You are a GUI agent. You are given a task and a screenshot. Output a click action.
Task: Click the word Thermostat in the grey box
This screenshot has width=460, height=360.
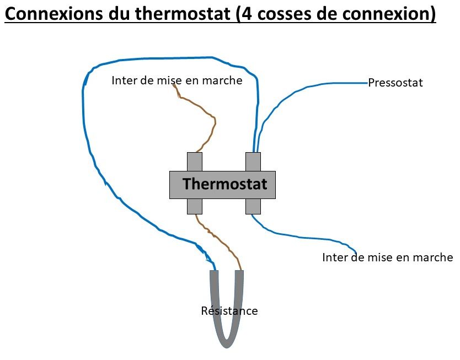(224, 184)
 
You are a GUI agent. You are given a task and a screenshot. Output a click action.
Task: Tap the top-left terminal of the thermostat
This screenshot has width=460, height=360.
(195, 162)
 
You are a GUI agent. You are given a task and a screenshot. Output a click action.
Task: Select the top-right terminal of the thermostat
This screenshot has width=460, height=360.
(253, 162)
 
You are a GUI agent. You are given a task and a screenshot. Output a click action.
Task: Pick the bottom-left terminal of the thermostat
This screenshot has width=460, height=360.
(195, 206)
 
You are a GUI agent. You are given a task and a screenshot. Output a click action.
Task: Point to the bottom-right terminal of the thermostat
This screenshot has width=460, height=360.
(253, 206)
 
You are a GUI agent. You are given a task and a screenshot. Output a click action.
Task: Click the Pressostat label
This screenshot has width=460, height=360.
(395, 83)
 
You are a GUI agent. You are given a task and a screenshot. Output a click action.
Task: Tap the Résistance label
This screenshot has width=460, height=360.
(229, 311)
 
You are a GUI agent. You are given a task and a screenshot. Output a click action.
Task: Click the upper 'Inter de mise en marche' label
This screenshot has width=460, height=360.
(176, 80)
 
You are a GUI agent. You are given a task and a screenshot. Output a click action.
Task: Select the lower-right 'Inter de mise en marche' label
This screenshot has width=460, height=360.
(387, 257)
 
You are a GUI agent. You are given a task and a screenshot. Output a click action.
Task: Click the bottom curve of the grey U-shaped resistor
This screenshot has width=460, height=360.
(227, 343)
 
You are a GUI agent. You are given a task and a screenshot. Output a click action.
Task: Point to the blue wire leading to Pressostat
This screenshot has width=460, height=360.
(309, 88)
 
